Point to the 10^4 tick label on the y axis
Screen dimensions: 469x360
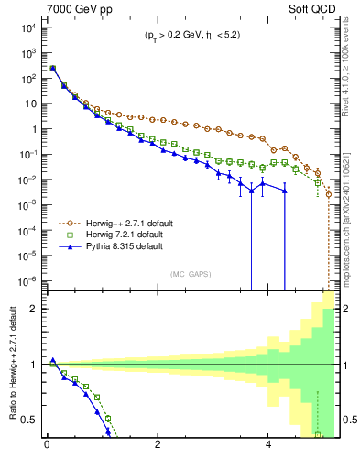point(27,27)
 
